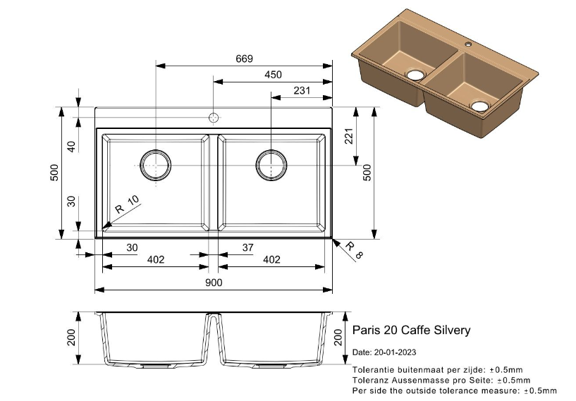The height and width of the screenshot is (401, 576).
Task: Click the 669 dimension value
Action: coord(244,59)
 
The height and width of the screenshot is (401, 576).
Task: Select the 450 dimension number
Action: coord(273,75)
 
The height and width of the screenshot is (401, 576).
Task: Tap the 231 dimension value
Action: coord(302,90)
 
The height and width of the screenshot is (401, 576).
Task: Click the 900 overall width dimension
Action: coord(214,283)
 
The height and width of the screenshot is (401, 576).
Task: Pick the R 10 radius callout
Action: coord(129,207)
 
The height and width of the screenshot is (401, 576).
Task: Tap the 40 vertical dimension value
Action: coord(71,147)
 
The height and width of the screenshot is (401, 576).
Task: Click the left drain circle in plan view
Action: coord(155,165)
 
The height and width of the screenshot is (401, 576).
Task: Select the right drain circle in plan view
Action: coord(271,165)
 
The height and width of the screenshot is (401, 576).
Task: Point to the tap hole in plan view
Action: coord(214,117)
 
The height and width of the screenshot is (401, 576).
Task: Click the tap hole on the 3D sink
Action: coord(467,44)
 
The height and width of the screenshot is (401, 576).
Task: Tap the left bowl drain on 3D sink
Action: coord(415,74)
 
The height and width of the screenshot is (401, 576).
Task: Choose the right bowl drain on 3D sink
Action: coord(479,106)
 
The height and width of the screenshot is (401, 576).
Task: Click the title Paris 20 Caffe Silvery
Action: coord(411,331)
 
